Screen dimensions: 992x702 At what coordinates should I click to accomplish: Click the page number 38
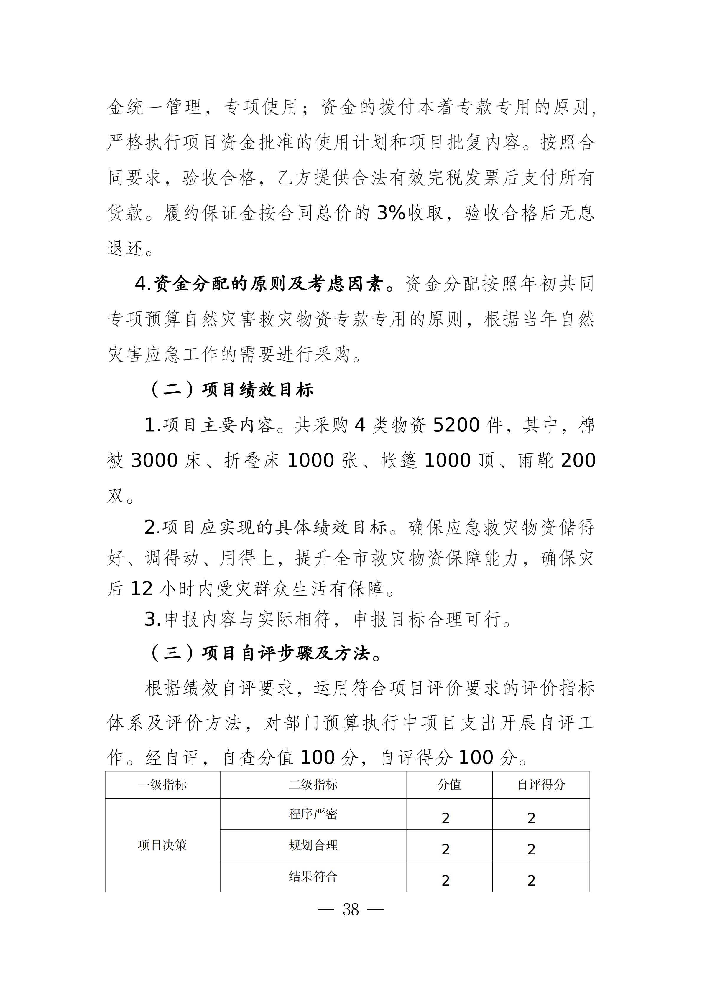(351, 910)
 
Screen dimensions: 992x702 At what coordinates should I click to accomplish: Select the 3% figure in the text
(391, 213)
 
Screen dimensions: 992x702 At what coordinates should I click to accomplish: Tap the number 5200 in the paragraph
(456, 425)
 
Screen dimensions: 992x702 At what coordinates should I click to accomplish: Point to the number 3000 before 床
(154, 460)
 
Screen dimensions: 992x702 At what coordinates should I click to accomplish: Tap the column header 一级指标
(162, 785)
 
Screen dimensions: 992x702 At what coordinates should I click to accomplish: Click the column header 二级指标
(313, 785)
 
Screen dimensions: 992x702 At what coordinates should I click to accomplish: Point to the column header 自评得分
(541, 785)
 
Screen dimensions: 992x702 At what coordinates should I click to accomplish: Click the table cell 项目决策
(162, 845)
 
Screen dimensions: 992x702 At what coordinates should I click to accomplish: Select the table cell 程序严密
(313, 814)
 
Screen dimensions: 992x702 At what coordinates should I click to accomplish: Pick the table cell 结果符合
(313, 877)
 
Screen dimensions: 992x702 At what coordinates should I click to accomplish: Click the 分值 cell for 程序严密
(446, 818)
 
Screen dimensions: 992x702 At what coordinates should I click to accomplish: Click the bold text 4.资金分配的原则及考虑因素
(259, 284)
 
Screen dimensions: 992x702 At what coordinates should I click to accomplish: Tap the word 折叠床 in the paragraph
(252, 460)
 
